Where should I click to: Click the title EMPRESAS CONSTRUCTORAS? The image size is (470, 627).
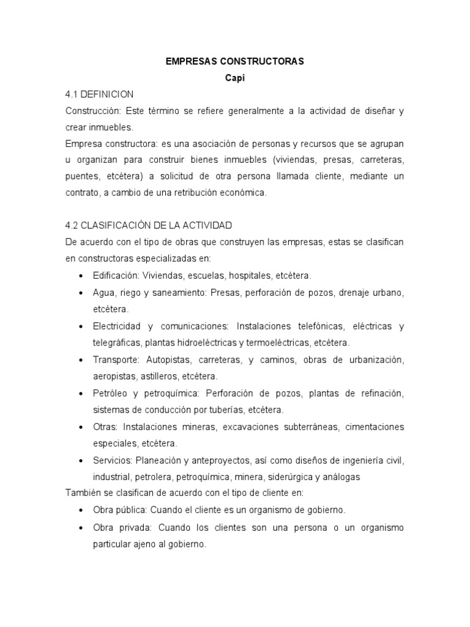(x=235, y=62)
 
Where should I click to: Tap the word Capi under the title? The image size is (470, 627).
(x=235, y=79)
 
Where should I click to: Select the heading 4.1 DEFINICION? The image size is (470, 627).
(x=99, y=95)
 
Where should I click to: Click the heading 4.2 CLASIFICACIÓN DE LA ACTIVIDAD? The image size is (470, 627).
(x=149, y=225)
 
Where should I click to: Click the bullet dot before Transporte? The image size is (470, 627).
(x=81, y=359)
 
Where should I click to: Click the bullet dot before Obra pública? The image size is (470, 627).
(x=81, y=509)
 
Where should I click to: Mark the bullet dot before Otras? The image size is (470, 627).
(x=81, y=426)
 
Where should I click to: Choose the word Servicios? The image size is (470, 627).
(x=112, y=460)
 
